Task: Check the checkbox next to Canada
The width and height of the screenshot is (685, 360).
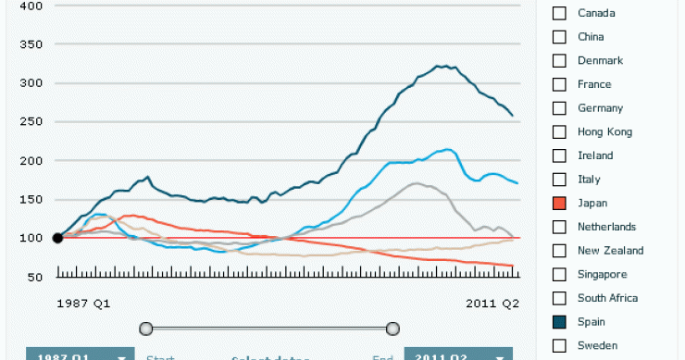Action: [559, 13]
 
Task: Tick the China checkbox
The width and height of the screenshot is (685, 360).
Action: [559, 37]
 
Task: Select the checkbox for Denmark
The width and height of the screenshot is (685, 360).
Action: [559, 60]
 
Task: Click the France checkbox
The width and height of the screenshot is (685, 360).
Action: [559, 84]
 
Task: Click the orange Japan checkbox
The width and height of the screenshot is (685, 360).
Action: [559, 203]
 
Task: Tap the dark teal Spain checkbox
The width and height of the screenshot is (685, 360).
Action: [559, 322]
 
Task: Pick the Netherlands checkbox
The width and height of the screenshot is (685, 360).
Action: [559, 227]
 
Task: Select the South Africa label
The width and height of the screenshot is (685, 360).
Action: [605, 298]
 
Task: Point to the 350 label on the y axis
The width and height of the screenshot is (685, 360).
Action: [31, 44]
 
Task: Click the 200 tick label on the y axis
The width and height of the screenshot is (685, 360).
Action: [31, 160]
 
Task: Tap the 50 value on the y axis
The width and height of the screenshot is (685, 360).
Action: [34, 277]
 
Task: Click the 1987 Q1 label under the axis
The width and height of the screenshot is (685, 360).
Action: [82, 304]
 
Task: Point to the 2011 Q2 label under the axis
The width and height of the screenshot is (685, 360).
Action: [493, 304]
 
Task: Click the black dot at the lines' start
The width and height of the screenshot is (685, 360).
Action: [57, 238]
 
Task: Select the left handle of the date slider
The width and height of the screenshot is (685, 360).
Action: [145, 328]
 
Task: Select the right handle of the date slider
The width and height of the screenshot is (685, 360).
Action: [392, 328]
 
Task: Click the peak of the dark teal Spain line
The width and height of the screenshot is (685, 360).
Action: [445, 66]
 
